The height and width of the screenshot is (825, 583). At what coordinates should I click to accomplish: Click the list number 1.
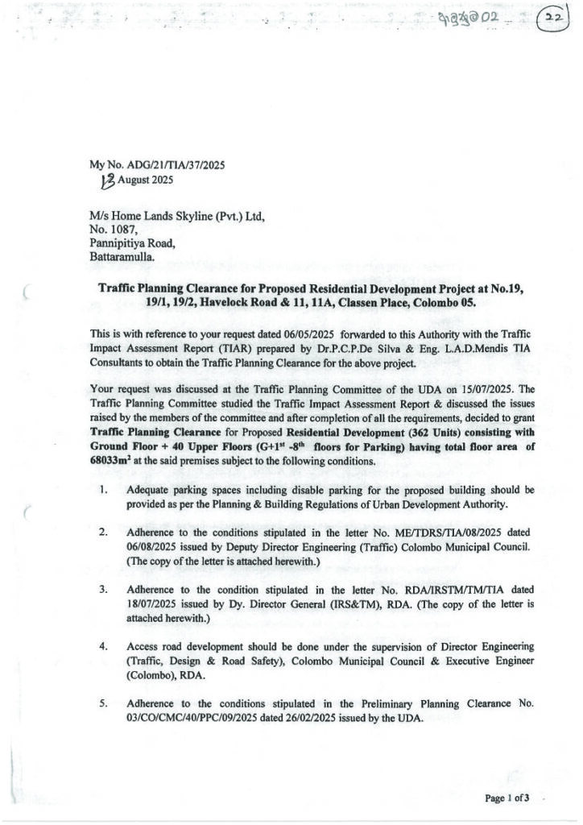tap(105, 490)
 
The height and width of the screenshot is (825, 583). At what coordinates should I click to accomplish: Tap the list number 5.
tap(105, 703)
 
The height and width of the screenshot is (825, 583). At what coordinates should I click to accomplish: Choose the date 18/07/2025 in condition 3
tap(155, 603)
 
